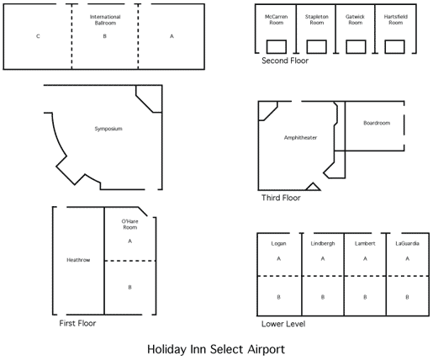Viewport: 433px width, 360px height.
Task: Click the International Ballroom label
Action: pyautogui.click(x=105, y=20)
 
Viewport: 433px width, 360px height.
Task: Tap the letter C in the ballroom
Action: pyautogui.click(x=38, y=36)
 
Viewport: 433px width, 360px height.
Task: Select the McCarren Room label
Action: pyautogui.click(x=277, y=19)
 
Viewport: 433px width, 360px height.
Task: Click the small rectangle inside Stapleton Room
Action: pyautogui.click(x=317, y=46)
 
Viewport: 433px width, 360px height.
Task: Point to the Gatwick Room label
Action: pyautogui.click(x=355, y=19)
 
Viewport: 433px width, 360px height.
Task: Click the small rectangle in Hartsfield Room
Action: pyautogui.click(x=394, y=46)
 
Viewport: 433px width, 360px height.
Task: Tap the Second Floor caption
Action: pyautogui.click(x=285, y=61)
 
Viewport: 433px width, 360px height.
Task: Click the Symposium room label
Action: pyautogui.click(x=108, y=129)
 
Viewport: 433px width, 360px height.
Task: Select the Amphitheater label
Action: pyautogui.click(x=300, y=138)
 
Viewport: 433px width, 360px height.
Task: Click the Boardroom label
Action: pyautogui.click(x=377, y=123)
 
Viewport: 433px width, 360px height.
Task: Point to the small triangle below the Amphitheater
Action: pyautogui.click(x=313, y=187)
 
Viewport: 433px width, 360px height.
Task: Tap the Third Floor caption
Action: pyautogui.click(x=281, y=198)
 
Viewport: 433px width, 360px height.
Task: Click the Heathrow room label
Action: pyautogui.click(x=78, y=260)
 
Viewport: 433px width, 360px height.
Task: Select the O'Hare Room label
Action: pyautogui.click(x=129, y=225)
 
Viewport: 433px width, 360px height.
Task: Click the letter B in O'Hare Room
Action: pyautogui.click(x=129, y=288)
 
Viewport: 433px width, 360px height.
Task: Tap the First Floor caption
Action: pyautogui.click(x=77, y=323)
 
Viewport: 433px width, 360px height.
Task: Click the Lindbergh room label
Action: pyautogui.click(x=323, y=244)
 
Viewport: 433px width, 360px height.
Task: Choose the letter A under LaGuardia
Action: pyautogui.click(x=407, y=258)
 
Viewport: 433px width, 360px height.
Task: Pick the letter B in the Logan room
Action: pyautogui.click(x=278, y=297)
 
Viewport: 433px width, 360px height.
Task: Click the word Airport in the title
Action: pyautogui.click(x=266, y=350)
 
